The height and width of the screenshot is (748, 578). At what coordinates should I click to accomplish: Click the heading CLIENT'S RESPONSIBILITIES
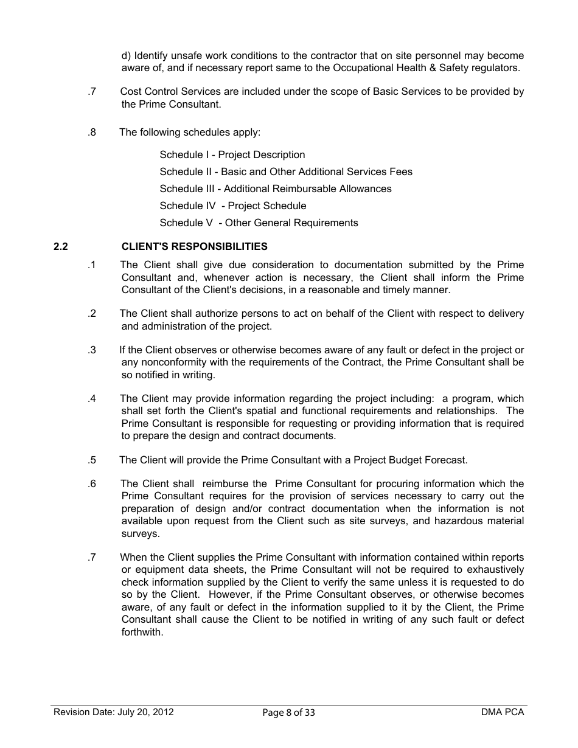pyautogui.click(x=194, y=246)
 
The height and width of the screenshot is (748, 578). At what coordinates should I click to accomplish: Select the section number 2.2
pyautogui.click(x=61, y=246)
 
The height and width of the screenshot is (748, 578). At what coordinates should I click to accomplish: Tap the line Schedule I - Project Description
pyautogui.click(x=232, y=154)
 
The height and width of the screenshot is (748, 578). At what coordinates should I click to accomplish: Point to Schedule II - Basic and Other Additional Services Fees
pyautogui.click(x=285, y=171)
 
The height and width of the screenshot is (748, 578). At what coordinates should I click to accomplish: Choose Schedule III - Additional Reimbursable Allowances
pyautogui.click(x=275, y=189)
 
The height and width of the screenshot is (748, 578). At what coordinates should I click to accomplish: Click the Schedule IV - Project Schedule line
pyautogui.click(x=232, y=206)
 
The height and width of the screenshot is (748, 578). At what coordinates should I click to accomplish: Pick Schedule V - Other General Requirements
pyautogui.click(x=259, y=223)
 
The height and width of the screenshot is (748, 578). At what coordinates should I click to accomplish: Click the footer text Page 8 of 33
pyautogui.click(x=288, y=713)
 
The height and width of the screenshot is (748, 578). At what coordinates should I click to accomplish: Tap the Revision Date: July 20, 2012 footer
pyautogui.click(x=114, y=712)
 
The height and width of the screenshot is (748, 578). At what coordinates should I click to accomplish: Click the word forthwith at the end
pyautogui.click(x=142, y=632)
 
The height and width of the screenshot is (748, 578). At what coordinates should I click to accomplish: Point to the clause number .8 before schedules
pyautogui.click(x=91, y=132)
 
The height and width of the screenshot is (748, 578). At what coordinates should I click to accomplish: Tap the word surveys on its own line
pyautogui.click(x=140, y=533)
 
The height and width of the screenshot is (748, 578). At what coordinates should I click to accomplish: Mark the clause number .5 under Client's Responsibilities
pyautogui.click(x=91, y=460)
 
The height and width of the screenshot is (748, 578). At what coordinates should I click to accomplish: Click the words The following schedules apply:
pyautogui.click(x=190, y=132)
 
